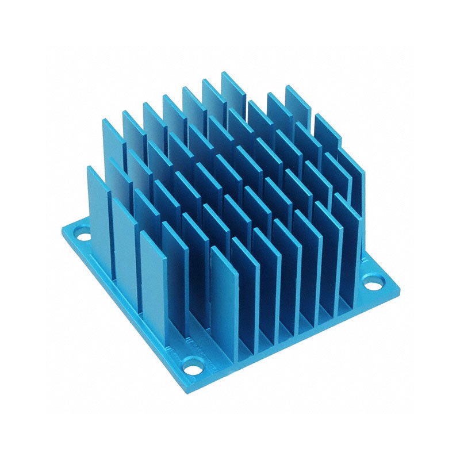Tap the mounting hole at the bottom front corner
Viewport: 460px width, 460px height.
click(193, 363)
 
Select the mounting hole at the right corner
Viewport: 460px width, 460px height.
click(374, 283)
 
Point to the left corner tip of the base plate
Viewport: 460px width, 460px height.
click(61, 230)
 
